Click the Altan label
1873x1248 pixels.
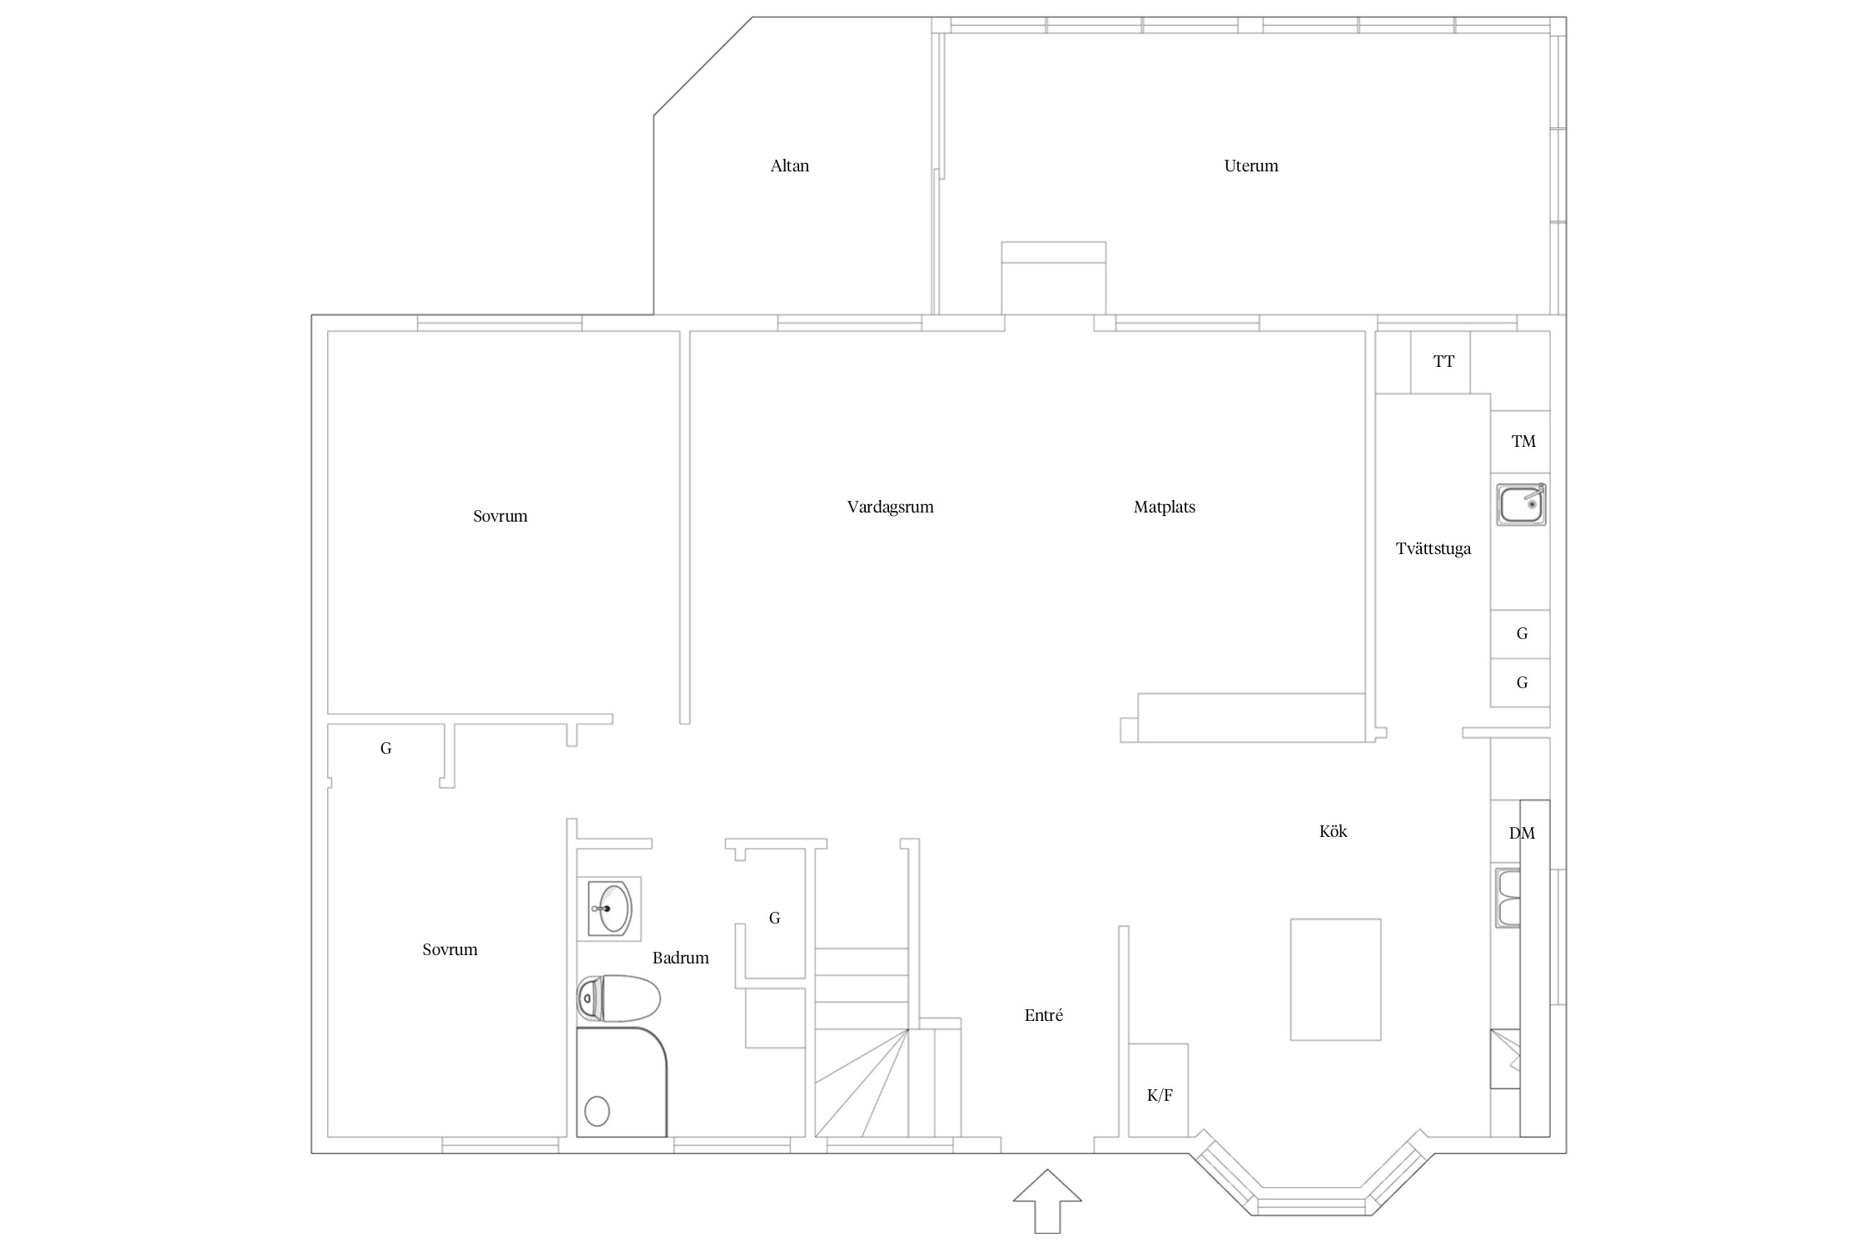pyautogui.click(x=789, y=166)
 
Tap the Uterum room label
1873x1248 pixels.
pyautogui.click(x=1250, y=166)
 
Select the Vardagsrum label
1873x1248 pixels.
pyautogui.click(x=890, y=507)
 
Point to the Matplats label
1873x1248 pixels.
pyautogui.click(x=1164, y=507)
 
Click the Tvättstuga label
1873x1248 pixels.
pyautogui.click(x=1433, y=548)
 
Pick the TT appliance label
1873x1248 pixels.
pyautogui.click(x=1443, y=361)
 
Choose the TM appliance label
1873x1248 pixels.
pyautogui.click(x=1523, y=441)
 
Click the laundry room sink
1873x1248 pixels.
pyautogui.click(x=1521, y=504)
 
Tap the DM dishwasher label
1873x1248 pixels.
pyautogui.click(x=1522, y=833)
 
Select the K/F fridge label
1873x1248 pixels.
pyautogui.click(x=1160, y=1095)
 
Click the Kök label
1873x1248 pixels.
pyautogui.click(x=1333, y=831)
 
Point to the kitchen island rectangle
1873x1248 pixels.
pyautogui.click(x=1335, y=979)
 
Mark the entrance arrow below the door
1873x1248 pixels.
pyautogui.click(x=1047, y=1201)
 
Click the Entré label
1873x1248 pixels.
pyautogui.click(x=1043, y=1015)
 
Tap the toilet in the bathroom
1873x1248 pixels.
pyautogui.click(x=619, y=998)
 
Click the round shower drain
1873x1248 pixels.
pyautogui.click(x=597, y=1111)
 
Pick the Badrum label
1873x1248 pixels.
pyautogui.click(x=680, y=958)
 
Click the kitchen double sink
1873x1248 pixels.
pyautogui.click(x=1508, y=899)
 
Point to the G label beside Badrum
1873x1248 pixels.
pyautogui.click(x=774, y=918)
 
